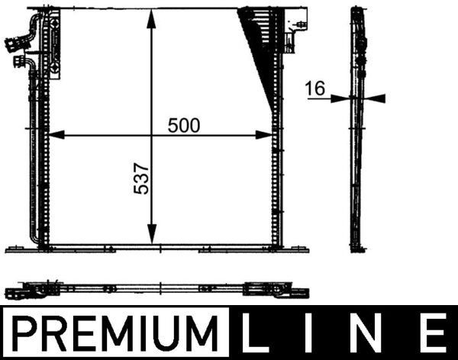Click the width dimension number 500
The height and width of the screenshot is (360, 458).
click(184, 126)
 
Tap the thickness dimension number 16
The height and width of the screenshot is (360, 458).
click(314, 88)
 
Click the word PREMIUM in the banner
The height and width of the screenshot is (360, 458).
click(114, 333)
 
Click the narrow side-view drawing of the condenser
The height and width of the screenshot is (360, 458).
click(356, 130)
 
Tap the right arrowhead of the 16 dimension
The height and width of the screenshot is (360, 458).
click(377, 98)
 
